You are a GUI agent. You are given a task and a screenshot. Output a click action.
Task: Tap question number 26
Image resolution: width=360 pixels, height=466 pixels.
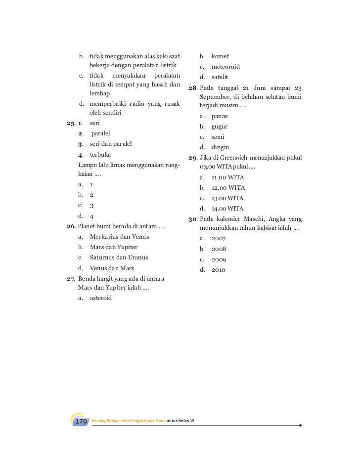[71, 226]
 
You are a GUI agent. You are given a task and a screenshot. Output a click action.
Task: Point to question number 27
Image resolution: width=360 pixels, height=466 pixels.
[71, 278]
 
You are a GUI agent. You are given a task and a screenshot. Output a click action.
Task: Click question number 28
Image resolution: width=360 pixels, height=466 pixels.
[192, 88]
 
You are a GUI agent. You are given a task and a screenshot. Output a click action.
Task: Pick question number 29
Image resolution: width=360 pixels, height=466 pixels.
[192, 158]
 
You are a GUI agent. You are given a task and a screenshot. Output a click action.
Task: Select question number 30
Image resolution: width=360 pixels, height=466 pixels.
[192, 219]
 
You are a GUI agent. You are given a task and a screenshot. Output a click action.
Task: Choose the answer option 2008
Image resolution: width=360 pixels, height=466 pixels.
[218, 249]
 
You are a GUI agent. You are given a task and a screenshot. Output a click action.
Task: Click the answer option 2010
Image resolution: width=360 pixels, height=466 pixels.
[218, 270]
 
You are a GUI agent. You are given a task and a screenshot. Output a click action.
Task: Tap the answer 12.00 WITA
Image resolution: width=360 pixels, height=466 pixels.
[228, 188]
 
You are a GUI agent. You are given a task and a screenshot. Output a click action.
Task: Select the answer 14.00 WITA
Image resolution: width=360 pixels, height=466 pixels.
[228, 209]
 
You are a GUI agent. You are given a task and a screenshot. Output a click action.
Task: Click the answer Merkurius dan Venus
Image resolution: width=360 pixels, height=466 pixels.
[119, 237]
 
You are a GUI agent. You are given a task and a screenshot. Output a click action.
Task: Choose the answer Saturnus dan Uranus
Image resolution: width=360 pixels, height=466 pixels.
[119, 257]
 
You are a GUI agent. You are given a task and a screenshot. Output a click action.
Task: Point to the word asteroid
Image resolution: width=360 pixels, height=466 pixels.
[101, 298]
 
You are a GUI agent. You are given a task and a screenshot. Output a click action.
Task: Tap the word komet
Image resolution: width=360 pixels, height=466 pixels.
[220, 56]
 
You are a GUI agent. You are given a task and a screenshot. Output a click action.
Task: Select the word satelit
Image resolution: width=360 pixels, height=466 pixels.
[220, 77]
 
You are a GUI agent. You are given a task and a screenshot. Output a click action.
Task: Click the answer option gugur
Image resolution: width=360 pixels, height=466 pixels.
[220, 127]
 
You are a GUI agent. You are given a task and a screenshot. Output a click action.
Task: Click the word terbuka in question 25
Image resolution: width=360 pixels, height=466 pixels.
[100, 154]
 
